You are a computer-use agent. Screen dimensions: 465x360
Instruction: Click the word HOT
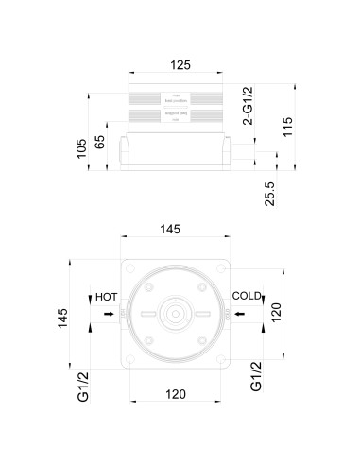[106, 297]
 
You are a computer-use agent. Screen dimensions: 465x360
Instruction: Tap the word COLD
[246, 297]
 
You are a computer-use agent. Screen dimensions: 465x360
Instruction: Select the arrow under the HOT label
[110, 314]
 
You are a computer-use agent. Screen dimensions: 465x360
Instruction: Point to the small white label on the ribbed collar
[178, 96]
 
